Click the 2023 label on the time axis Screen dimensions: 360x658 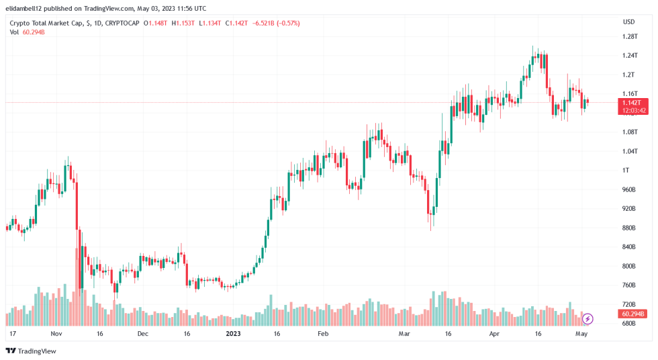(x=233, y=333)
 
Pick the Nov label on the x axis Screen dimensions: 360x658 (x=56, y=333)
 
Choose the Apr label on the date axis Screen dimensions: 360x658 (x=495, y=333)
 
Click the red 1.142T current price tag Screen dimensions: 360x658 (x=634, y=102)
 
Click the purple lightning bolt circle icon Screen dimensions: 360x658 (x=587, y=318)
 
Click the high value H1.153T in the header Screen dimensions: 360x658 (x=183, y=24)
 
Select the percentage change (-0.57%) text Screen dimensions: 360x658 (x=286, y=24)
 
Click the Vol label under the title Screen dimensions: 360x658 (x=14, y=32)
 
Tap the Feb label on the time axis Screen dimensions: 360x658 (x=323, y=333)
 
